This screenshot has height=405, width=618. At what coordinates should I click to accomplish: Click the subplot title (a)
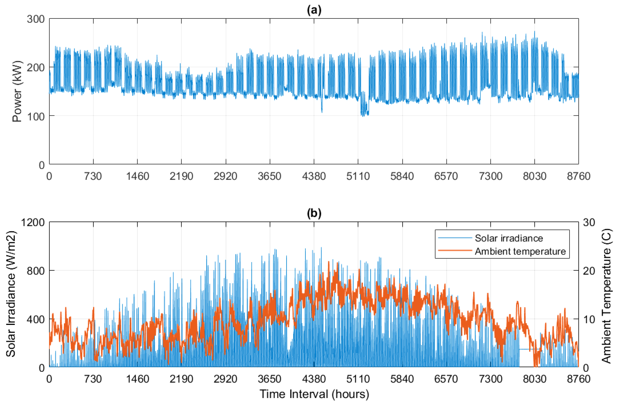[x=314, y=10]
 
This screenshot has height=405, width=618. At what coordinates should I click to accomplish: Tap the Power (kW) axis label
[x=17, y=91]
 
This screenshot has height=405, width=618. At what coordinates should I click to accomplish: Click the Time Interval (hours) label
[x=314, y=394]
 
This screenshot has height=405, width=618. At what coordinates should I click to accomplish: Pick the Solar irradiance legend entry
[x=508, y=238]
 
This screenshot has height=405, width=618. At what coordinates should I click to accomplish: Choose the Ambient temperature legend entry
[x=520, y=251]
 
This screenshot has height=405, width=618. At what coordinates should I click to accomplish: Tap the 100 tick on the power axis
[x=36, y=116]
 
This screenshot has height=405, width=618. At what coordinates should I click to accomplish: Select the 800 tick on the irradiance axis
[x=36, y=271]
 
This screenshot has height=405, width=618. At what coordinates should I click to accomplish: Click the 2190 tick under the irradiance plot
[x=181, y=379]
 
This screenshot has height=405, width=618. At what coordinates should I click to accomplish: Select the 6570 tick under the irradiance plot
[x=446, y=379]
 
